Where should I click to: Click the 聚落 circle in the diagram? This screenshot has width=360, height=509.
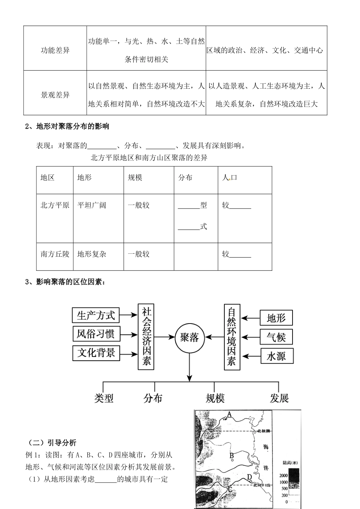[x=189, y=337]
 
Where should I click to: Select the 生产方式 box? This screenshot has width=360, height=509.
[x=95, y=315]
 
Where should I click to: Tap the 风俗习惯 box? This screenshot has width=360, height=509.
[x=95, y=334]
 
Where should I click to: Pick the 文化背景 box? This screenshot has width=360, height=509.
[x=95, y=353]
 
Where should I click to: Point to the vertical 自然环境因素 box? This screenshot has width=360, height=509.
[x=232, y=336]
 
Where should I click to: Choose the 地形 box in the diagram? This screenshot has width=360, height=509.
[x=276, y=318]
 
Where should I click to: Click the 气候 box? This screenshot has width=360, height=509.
[x=276, y=337]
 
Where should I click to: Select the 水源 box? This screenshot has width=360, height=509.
[x=276, y=356]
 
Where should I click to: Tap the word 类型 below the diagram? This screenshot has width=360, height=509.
[x=104, y=398]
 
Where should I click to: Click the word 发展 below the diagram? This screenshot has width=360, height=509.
[x=279, y=398]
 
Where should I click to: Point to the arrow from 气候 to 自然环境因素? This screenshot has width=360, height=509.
[x=251, y=337]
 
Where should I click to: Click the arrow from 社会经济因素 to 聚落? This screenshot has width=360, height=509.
[x=163, y=337]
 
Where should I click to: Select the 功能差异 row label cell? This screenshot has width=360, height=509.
[x=55, y=50]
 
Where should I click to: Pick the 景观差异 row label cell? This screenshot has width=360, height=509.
[x=55, y=95]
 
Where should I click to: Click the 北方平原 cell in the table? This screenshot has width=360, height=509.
[x=55, y=205]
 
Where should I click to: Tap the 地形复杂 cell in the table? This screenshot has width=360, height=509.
[x=92, y=254]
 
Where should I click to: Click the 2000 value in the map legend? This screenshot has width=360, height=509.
[x=283, y=475]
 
